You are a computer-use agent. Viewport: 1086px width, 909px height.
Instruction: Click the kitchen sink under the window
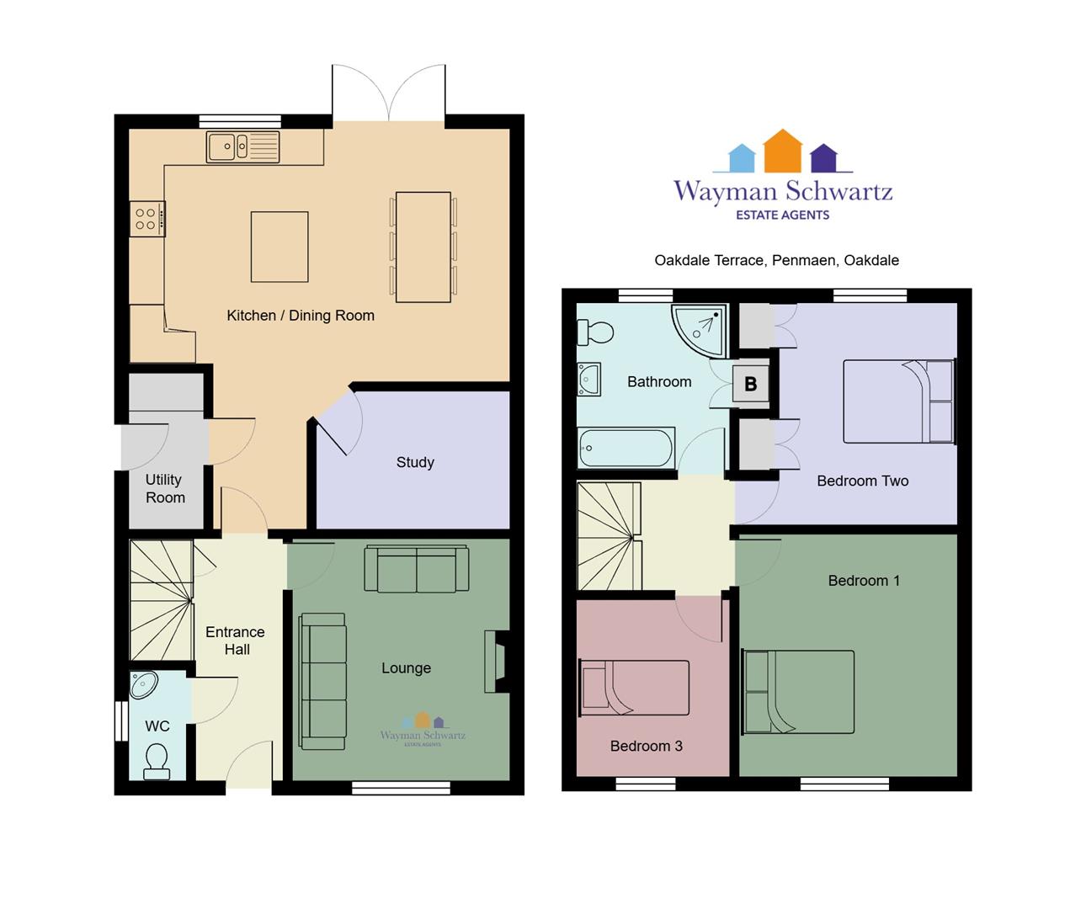click(x=243, y=147)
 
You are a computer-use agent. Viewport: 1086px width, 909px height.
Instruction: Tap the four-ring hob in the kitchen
click(x=147, y=219)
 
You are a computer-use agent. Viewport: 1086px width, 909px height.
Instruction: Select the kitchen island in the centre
click(x=279, y=247)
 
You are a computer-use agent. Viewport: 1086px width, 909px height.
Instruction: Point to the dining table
click(x=423, y=247)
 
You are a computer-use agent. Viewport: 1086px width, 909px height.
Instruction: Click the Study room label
click(x=415, y=462)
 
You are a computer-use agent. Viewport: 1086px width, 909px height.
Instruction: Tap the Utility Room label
click(x=165, y=488)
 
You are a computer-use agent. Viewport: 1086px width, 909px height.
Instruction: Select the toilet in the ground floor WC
click(x=157, y=762)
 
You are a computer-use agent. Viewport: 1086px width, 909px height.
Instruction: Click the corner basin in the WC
click(x=144, y=685)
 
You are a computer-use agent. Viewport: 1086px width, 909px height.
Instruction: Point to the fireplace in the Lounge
click(x=498, y=662)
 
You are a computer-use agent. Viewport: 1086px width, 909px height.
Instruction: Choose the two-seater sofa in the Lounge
click(x=417, y=568)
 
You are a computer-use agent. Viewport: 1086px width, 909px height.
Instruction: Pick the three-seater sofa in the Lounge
click(x=322, y=681)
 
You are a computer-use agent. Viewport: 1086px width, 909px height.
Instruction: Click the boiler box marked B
click(x=751, y=384)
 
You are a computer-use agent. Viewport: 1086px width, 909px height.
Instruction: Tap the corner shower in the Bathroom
click(x=699, y=330)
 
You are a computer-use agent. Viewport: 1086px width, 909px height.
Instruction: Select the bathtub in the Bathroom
click(x=626, y=448)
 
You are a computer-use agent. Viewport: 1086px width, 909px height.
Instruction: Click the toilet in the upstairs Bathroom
click(x=595, y=332)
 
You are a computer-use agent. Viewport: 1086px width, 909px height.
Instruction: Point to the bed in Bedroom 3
click(x=635, y=688)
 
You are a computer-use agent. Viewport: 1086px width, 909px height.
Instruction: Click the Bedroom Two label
click(x=862, y=481)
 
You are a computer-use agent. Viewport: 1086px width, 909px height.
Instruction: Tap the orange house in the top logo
click(x=783, y=151)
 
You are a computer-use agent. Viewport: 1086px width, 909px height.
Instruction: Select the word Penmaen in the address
click(x=804, y=260)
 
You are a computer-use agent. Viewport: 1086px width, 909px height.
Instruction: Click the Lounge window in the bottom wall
click(x=401, y=788)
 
